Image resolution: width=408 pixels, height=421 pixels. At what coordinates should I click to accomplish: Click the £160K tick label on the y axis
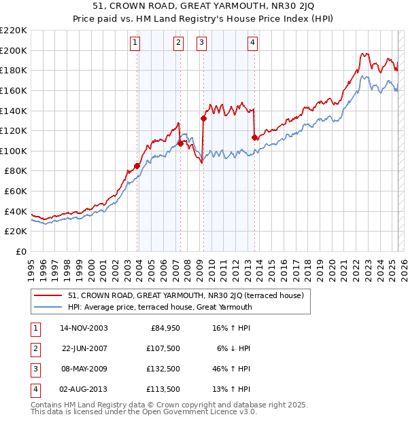(x=14, y=90)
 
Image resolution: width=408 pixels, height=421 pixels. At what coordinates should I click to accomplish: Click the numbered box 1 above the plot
(x=135, y=43)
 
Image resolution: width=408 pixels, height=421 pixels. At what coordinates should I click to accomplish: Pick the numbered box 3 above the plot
(x=202, y=43)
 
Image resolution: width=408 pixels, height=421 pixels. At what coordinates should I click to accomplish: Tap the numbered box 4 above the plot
(x=252, y=43)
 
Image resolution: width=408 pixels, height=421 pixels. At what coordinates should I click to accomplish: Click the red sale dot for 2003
(x=137, y=166)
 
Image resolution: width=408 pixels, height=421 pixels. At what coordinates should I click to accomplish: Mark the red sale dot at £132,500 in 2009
(x=203, y=118)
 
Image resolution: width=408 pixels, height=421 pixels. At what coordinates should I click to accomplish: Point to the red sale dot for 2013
(x=254, y=137)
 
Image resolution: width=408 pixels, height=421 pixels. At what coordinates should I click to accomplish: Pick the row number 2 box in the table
(x=34, y=349)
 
